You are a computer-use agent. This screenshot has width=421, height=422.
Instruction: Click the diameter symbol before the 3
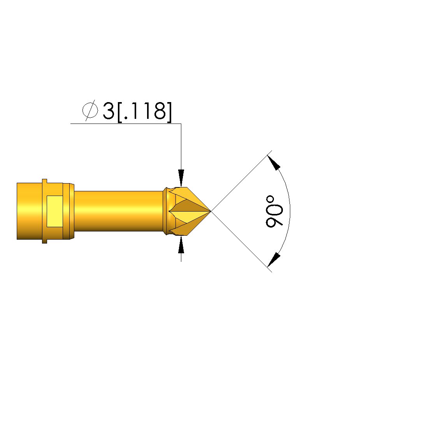90,110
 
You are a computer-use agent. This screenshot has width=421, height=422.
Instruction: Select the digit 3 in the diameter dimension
109,111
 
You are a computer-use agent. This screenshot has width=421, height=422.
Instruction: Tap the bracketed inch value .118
144,112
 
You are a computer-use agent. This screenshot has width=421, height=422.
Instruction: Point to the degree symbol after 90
270,200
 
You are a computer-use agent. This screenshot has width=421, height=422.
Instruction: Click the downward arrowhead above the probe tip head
181,178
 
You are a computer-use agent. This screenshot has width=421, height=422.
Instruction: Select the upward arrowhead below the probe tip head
181,245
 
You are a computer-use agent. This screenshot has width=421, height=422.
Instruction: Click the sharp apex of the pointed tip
211,211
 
